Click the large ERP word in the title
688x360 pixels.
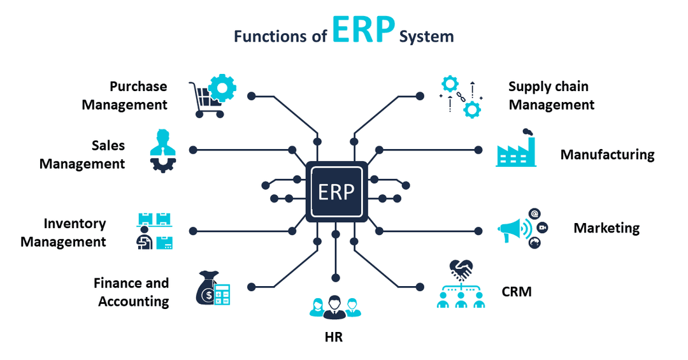pos(362,32)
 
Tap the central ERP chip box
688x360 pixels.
pos(336,191)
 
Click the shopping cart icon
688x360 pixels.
pos(211,96)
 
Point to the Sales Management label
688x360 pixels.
pos(82,155)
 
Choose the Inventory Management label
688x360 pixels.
pos(63,233)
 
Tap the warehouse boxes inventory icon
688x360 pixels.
pos(155,231)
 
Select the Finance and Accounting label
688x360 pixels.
pos(131,292)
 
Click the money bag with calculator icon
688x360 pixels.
pos(212,289)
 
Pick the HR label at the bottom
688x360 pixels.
pos(334,338)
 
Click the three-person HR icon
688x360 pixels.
pos(334,306)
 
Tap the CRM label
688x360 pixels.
pos(516,292)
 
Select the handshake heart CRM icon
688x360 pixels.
pos(461,284)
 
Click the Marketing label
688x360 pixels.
pos(606,228)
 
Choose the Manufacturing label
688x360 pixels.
pos(607,155)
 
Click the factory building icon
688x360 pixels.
pos(517,148)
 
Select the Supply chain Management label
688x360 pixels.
pos(551,96)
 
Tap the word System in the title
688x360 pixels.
pos(427,36)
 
